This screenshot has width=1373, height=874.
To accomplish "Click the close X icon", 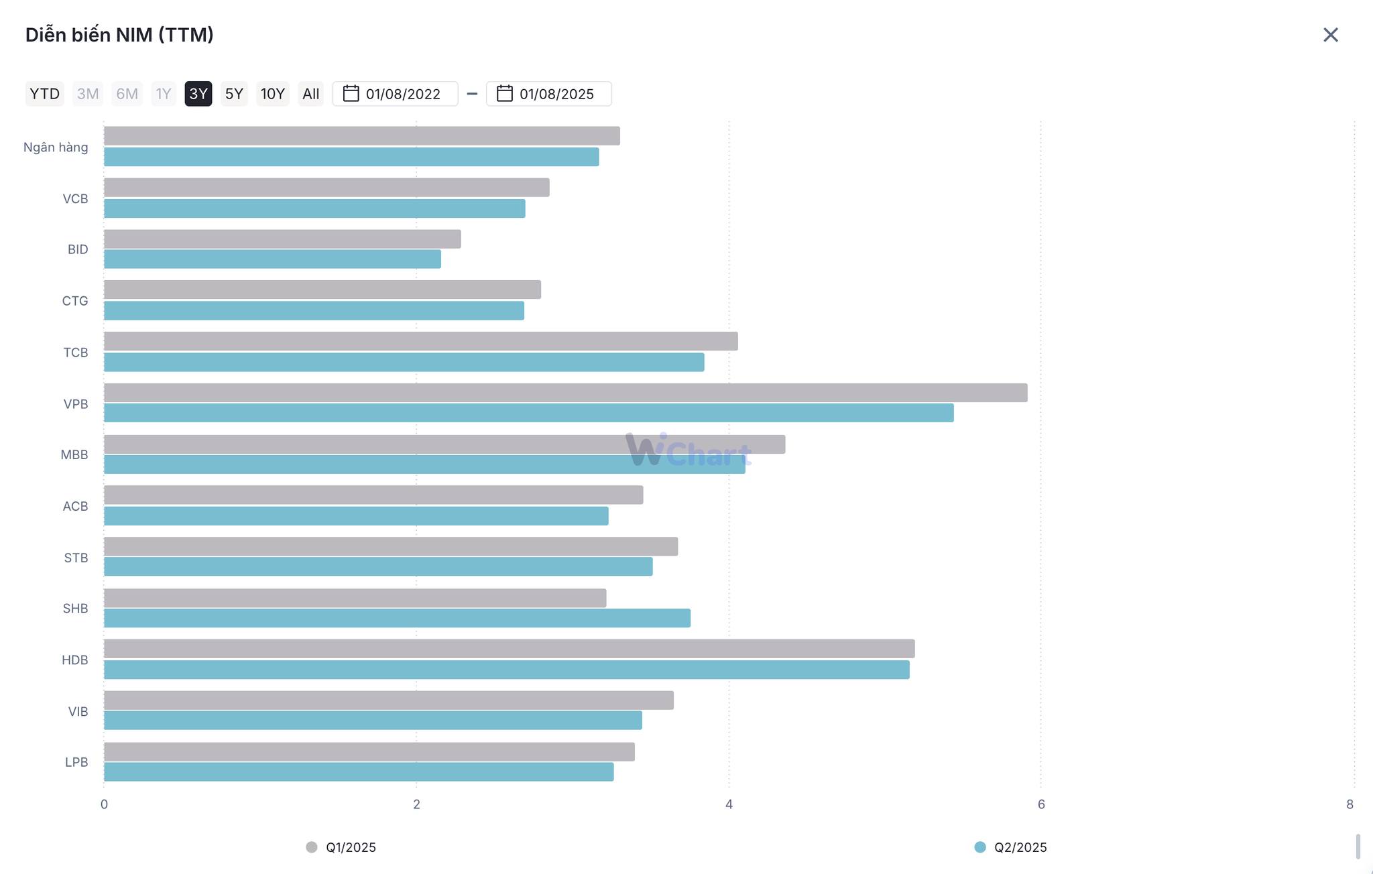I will (1330, 35).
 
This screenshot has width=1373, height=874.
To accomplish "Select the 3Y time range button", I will (198, 94).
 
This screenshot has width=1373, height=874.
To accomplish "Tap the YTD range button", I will (44, 94).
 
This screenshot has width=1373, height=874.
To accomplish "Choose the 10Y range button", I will (272, 94).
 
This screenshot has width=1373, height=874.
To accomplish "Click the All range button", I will (310, 94).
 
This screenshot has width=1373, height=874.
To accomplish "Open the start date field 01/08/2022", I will (396, 94).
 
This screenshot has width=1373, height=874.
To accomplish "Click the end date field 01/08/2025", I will (549, 94).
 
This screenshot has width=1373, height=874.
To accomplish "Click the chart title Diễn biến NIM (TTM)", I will (119, 35).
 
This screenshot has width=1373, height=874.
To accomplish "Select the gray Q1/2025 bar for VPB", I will (565, 393).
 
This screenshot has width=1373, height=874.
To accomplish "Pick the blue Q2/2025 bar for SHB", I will (397, 618).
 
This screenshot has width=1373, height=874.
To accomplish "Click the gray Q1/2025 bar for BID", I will (282, 239).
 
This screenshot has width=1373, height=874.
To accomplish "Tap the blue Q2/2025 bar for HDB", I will (506, 670).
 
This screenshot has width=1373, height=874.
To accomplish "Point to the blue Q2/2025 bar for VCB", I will (314, 208).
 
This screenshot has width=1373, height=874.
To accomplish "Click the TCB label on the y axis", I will (76, 353).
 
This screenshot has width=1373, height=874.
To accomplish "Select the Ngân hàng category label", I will (56, 147).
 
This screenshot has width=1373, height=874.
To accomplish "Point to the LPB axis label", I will (76, 762).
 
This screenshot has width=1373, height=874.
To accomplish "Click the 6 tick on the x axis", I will (1041, 804).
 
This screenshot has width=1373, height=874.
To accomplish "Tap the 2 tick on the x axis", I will (416, 804).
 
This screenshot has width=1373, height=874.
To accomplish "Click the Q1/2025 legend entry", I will (341, 847).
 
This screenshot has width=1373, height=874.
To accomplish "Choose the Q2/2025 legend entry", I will (1010, 847).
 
